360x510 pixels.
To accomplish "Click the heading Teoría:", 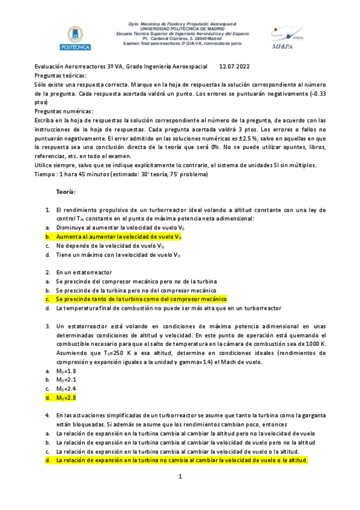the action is (x=66, y=191).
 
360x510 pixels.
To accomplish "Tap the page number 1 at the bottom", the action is (x=180, y=477).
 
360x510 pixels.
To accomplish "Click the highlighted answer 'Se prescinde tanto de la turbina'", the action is (x=141, y=299).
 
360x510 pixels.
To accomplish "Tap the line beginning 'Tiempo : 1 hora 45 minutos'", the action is (x=121, y=174).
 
